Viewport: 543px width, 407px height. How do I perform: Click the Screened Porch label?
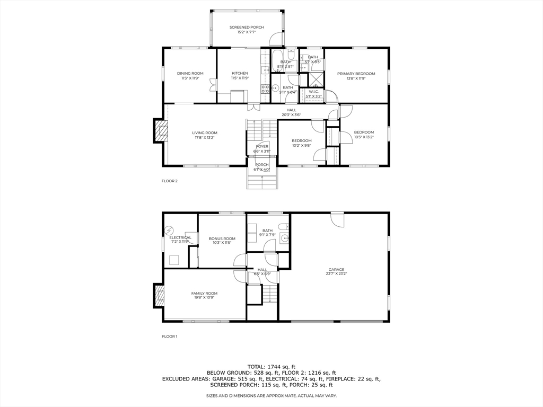pyautogui.click(x=246, y=27)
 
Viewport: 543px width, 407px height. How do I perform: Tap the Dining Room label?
pyautogui.click(x=190, y=73)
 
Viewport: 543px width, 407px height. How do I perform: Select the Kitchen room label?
pyautogui.click(x=240, y=73)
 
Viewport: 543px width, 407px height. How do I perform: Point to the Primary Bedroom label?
pyautogui.click(x=356, y=73)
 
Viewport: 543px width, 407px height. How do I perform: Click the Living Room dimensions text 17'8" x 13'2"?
pyautogui.click(x=204, y=138)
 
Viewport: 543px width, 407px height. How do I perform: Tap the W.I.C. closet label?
pyautogui.click(x=313, y=91)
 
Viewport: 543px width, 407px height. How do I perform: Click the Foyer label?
pyautogui.click(x=262, y=146)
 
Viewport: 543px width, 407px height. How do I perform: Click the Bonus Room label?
pyautogui.click(x=222, y=238)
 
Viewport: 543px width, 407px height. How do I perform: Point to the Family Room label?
pyautogui.click(x=204, y=293)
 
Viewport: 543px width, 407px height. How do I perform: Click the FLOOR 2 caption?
pyautogui.click(x=170, y=181)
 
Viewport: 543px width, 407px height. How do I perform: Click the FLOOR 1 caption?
pyautogui.click(x=170, y=336)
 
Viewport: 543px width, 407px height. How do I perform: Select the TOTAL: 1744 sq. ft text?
pyautogui.click(x=271, y=366)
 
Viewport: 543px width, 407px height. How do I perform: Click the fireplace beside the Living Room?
pyautogui.click(x=160, y=131)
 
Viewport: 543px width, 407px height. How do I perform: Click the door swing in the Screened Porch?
pyautogui.click(x=276, y=38)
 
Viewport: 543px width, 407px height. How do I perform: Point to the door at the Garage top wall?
pyautogui.click(x=337, y=219)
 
